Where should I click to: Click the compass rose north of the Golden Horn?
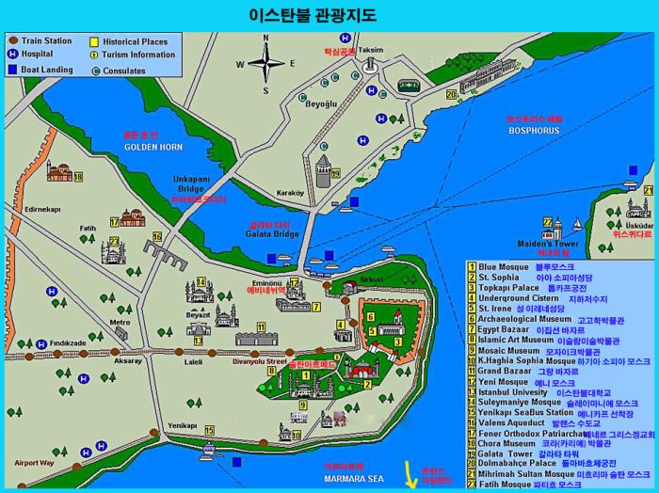coord(266,64)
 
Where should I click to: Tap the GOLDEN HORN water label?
coord(148,148)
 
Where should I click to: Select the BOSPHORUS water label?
coord(534,133)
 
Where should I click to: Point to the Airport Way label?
coord(34,463)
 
